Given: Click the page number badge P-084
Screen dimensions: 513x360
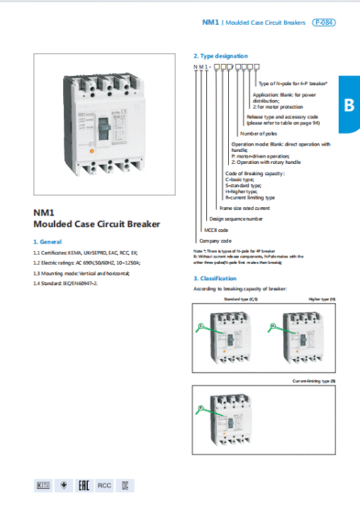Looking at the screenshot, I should point(323,20).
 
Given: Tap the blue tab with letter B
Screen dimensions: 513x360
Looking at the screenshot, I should point(348,104).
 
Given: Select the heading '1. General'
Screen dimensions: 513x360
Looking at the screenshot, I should point(48,240).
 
